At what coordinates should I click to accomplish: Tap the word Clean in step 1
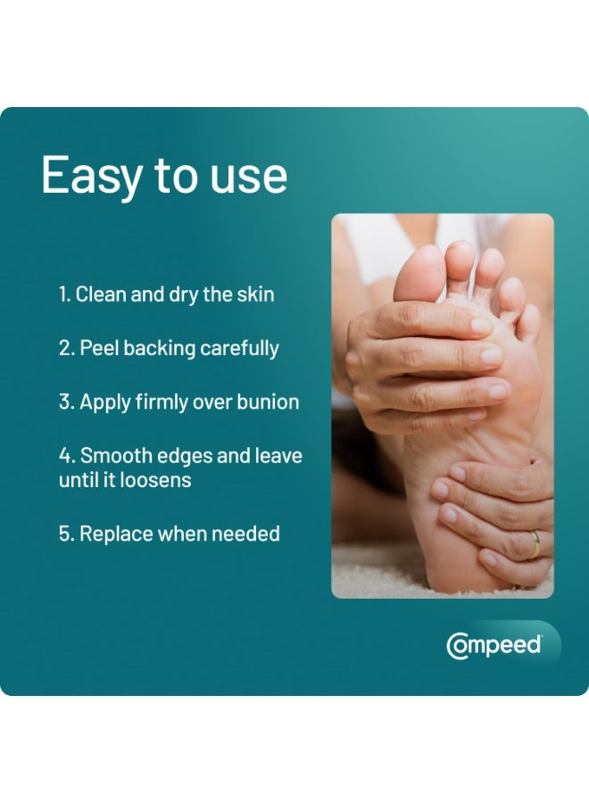[101, 294]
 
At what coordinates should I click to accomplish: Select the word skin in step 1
[256, 294]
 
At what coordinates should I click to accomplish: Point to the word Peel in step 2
[99, 348]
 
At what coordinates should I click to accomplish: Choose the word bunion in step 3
[270, 401]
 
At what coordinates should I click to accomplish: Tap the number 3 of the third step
[65, 401]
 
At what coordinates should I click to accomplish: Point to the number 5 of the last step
[65, 534]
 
